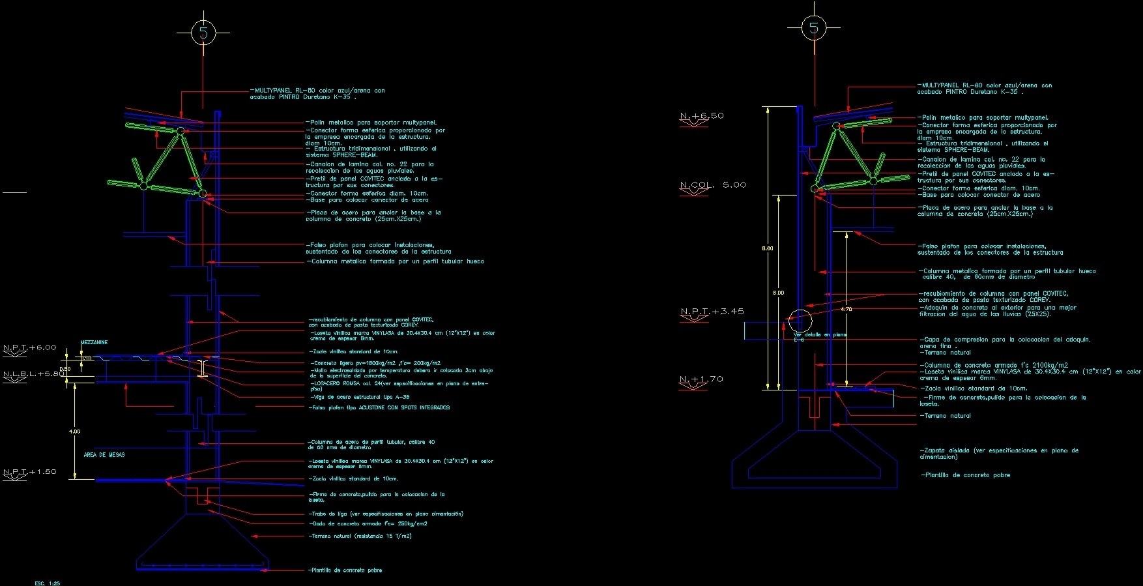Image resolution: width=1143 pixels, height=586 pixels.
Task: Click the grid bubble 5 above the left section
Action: coord(203,32)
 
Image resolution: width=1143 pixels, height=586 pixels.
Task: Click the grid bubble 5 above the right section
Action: coord(813,28)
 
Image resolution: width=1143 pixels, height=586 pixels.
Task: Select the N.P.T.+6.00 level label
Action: coord(30,347)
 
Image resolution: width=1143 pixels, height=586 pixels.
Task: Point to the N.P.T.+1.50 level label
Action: coord(30,471)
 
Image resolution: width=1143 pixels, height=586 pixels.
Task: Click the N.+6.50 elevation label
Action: coord(702,116)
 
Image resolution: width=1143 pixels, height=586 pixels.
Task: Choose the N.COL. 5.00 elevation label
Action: coord(713,185)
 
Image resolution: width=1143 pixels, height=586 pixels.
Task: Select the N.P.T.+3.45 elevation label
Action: coord(712,312)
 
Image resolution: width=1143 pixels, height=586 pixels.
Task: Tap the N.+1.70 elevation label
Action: coord(701,379)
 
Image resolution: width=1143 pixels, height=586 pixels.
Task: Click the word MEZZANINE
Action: coord(94,342)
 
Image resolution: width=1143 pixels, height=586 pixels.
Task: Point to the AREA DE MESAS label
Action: coord(104,454)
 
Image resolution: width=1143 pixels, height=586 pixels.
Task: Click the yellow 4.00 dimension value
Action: coord(75,432)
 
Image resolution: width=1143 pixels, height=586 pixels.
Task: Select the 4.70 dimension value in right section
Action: coord(846,309)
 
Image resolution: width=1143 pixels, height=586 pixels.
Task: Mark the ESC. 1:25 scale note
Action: coord(47,583)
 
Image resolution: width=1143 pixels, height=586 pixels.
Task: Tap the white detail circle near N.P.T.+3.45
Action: coord(800,321)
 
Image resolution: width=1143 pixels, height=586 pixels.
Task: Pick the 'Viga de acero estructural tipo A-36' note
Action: coord(360,397)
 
